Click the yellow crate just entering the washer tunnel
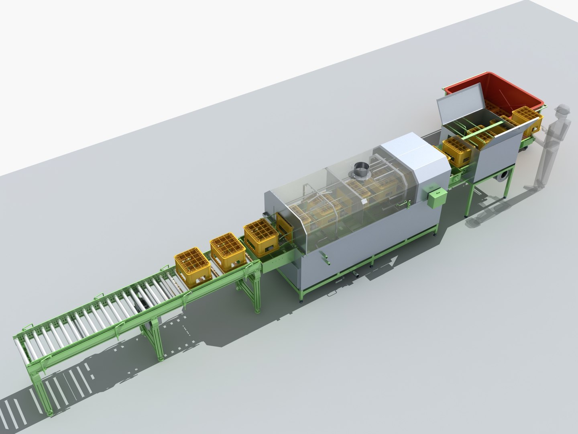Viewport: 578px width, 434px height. point(261,240)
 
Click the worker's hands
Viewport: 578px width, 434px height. point(541,131)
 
